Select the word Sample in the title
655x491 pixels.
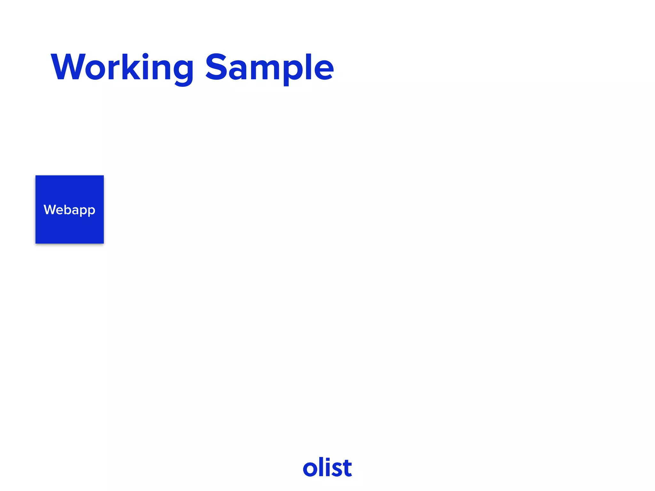tap(269, 67)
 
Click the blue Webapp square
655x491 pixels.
tap(69, 224)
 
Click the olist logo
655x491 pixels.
tap(327, 468)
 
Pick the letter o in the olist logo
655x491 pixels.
tap(310, 469)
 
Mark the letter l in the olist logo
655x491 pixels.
tap(321, 467)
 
